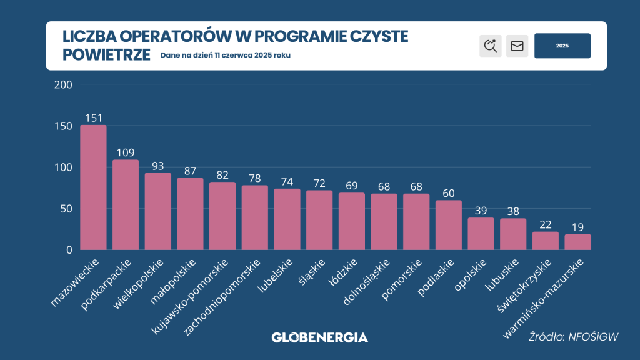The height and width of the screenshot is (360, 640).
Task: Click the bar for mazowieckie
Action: point(94,187)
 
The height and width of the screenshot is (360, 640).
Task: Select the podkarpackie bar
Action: point(126,204)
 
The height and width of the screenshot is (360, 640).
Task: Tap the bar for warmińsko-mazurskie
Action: point(578,242)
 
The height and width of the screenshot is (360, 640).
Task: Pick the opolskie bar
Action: point(481,234)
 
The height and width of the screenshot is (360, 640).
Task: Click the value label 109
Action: point(126,152)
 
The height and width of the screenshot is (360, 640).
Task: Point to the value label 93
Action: point(158,166)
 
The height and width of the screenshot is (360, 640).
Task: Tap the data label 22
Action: point(546,224)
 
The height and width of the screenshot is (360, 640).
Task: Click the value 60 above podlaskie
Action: point(449,193)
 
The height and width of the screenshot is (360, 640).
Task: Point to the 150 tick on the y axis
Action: point(63,126)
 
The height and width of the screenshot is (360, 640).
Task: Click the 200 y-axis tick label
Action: point(63,84)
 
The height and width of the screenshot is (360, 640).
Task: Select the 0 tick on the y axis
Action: point(69,250)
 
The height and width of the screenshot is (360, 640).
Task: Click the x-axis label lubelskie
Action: point(276,276)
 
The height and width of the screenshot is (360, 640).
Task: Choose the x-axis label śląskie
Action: point(312,272)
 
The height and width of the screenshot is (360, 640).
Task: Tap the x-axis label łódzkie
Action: point(343,272)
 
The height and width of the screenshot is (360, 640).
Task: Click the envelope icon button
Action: point(517,46)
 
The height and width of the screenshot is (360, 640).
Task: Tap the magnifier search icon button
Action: point(491,46)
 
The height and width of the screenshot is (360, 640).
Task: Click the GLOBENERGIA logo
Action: point(320,337)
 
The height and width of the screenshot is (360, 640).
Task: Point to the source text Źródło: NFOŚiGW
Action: point(574,337)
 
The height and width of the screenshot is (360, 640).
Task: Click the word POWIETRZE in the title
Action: point(106,55)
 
